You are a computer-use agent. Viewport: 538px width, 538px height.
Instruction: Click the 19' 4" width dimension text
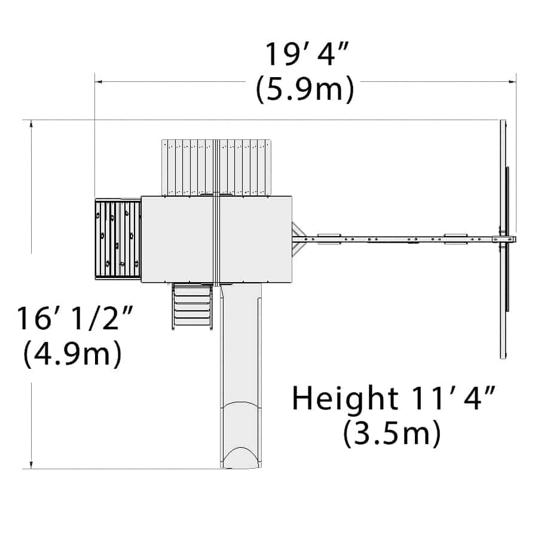[x=307, y=54]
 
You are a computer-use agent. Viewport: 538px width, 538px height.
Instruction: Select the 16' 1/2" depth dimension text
[x=75, y=319]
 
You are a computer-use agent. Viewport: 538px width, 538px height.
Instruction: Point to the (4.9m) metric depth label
[x=72, y=353]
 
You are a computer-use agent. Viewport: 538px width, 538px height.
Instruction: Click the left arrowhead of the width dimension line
[x=98, y=82]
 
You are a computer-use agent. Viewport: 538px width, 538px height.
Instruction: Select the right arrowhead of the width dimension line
[x=512, y=82]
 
